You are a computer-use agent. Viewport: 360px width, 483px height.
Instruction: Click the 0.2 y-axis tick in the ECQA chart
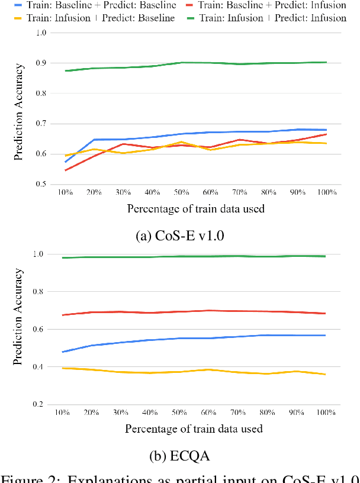39,404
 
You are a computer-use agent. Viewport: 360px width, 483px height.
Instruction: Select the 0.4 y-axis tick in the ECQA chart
39,367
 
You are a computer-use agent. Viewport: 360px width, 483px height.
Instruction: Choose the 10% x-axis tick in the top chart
65,192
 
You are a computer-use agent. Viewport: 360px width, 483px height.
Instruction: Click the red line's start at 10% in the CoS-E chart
65,170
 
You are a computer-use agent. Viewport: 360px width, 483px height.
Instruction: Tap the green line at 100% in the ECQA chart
325,256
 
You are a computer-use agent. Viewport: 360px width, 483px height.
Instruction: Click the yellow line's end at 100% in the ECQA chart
325,374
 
